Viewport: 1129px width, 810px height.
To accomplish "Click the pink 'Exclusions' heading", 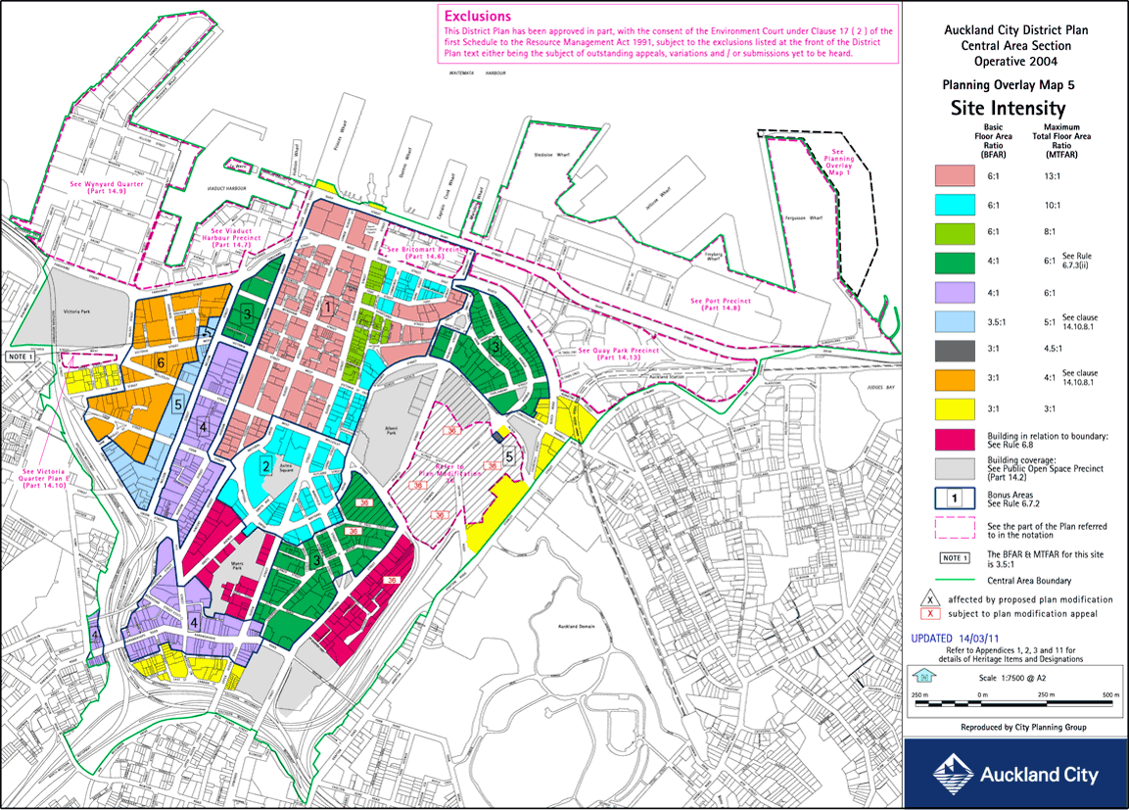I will [477, 16].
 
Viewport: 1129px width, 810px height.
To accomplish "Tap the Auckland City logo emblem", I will [951, 774].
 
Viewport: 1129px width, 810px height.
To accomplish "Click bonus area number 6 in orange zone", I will [160, 362].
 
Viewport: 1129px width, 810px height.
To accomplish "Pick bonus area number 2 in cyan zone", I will [265, 464].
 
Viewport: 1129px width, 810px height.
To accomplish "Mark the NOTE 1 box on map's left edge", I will [21, 357].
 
